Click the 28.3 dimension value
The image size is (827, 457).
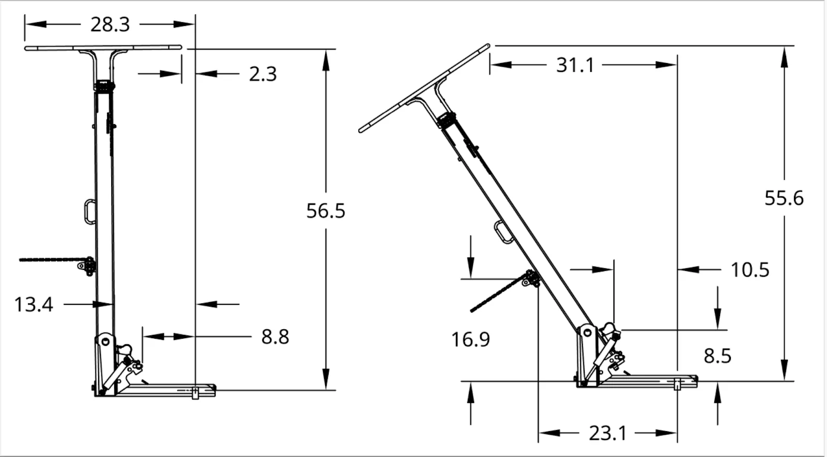click(110, 25)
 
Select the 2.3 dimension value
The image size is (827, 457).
click(263, 74)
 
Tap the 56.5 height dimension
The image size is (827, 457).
click(326, 211)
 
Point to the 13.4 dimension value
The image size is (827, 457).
click(34, 305)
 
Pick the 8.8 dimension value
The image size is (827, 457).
click(275, 337)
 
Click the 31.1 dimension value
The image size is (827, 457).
click(575, 65)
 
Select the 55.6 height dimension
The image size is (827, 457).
click(784, 198)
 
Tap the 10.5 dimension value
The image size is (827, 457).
click(750, 270)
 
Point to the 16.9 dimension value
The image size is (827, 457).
click(470, 340)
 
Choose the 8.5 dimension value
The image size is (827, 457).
click(717, 356)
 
